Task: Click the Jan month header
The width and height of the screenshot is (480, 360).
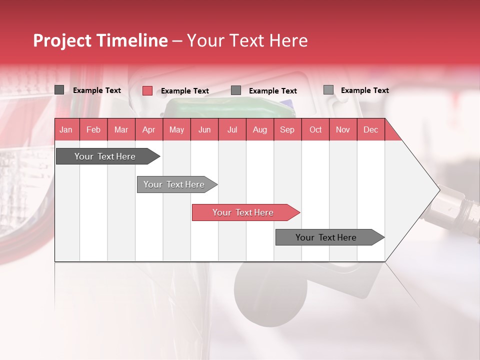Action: point(66,129)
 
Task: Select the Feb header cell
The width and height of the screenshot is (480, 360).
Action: point(93,129)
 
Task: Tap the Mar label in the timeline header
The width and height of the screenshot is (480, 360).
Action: point(121,129)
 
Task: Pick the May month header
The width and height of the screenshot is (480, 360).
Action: point(176,129)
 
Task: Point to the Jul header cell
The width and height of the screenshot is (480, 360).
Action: point(232,129)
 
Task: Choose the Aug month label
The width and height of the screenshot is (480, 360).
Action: point(259,129)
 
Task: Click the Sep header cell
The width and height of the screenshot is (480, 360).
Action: point(287,129)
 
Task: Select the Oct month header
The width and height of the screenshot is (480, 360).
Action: point(315,129)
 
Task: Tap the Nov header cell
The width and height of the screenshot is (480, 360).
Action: point(343,129)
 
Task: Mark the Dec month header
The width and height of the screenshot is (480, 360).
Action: point(370,129)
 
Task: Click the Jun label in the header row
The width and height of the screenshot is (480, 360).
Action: point(204,129)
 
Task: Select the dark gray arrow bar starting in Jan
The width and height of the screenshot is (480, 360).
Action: point(105,156)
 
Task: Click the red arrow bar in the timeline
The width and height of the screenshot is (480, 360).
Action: point(243,212)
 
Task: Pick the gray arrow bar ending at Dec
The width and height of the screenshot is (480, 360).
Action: point(326,237)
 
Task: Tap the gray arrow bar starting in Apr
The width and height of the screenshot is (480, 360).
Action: point(174,184)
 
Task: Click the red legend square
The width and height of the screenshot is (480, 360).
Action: point(147,90)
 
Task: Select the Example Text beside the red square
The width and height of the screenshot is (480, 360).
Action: point(185,91)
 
